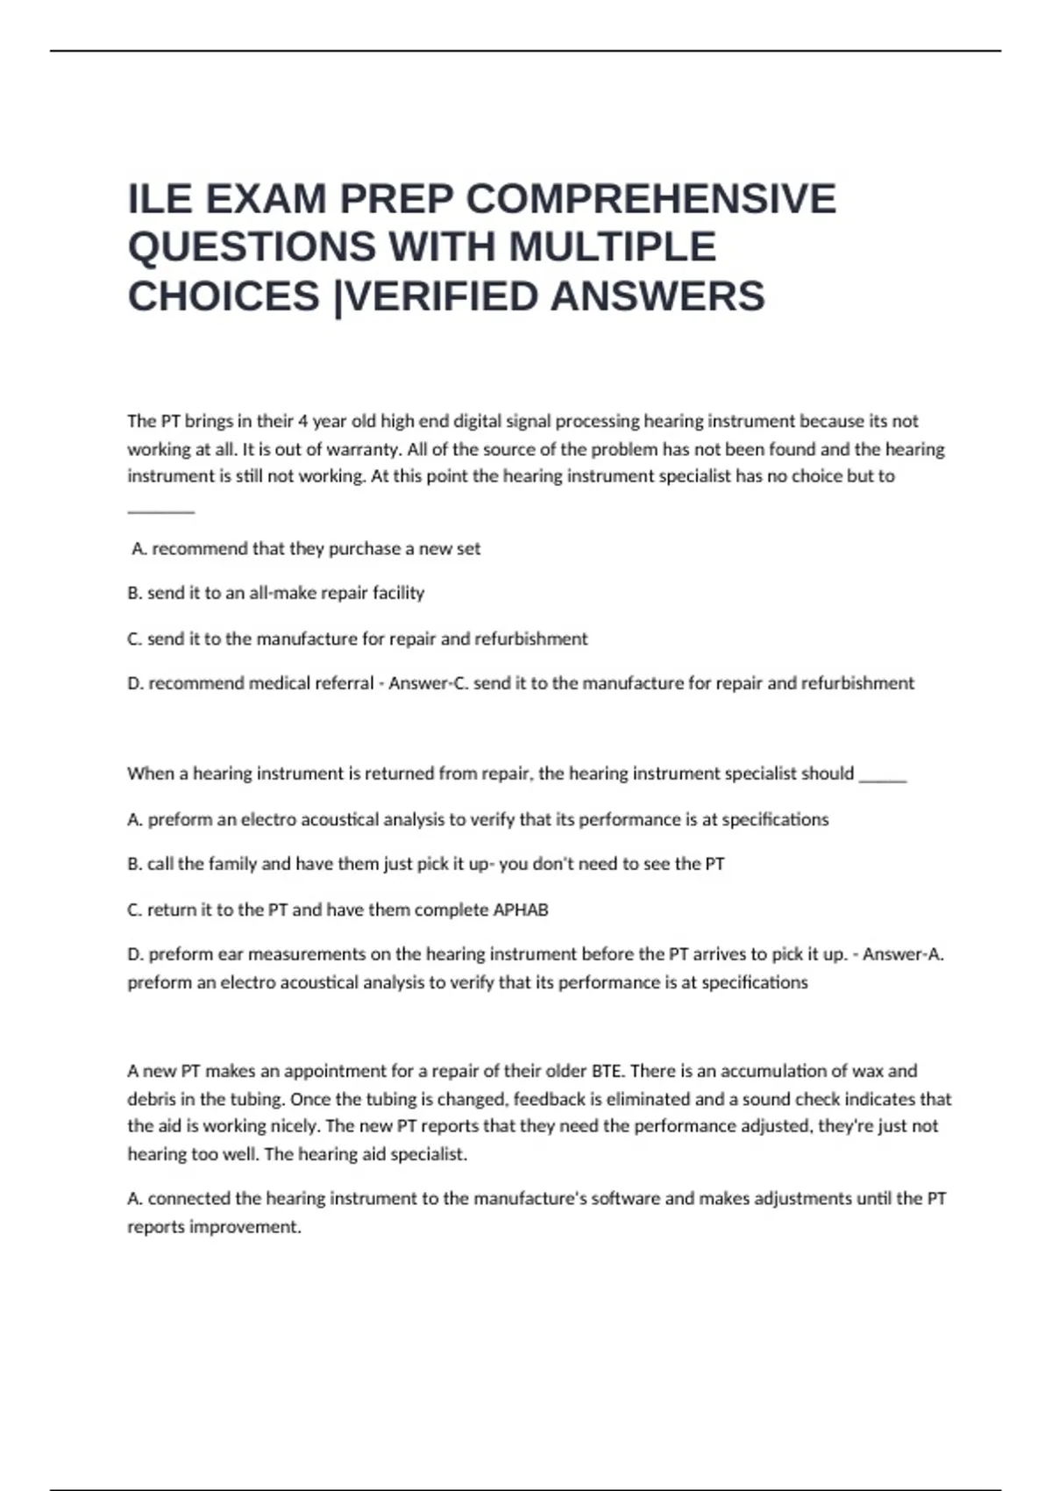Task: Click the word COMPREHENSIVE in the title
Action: (x=650, y=199)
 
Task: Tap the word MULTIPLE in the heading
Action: (x=612, y=247)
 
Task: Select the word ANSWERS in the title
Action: (x=657, y=296)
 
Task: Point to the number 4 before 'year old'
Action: (x=302, y=421)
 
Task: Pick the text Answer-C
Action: (x=428, y=683)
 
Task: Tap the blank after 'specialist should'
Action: (x=883, y=775)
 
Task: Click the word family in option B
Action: (x=232, y=864)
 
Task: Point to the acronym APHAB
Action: (x=521, y=910)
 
